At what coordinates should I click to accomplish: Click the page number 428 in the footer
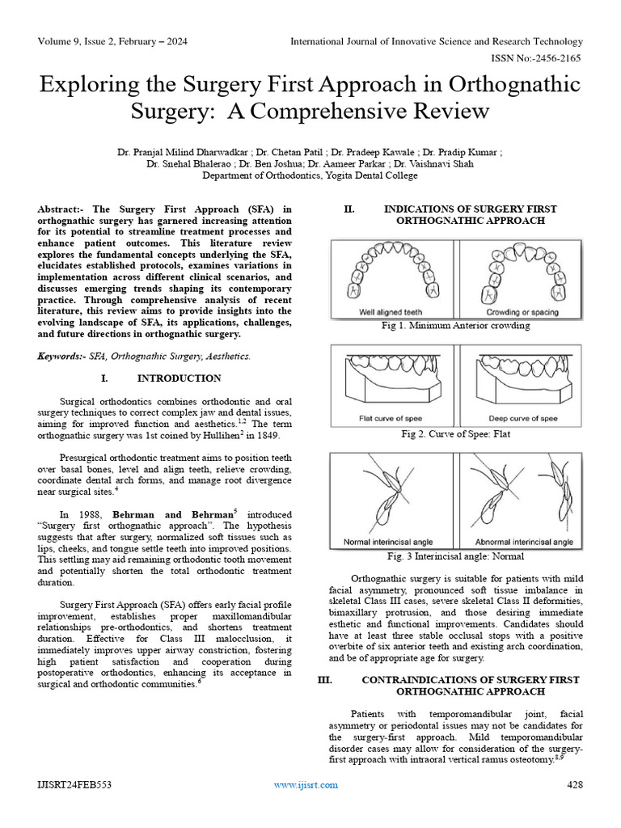tap(574, 785)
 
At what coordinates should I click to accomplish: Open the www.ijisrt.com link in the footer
tap(306, 785)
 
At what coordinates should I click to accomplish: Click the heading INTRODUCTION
tap(179, 378)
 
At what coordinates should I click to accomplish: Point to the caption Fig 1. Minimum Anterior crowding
tap(456, 325)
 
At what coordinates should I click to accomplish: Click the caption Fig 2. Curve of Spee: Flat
tap(456, 433)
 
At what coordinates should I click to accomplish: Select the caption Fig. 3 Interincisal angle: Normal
tap(456, 556)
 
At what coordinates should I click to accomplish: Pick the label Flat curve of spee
tap(391, 418)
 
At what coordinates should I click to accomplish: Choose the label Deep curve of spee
tap(523, 418)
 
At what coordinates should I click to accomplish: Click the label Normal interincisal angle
tap(388, 541)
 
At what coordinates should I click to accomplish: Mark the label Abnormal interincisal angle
tap(524, 541)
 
